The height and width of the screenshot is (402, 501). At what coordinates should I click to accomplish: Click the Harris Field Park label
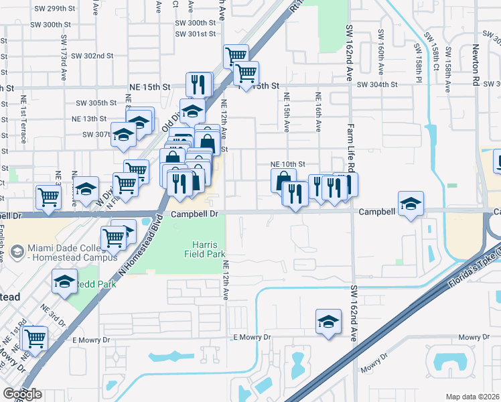click(x=205, y=249)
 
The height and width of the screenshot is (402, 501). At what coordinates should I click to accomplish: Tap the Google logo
click(x=22, y=394)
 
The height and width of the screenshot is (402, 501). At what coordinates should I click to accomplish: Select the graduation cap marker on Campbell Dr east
click(x=410, y=204)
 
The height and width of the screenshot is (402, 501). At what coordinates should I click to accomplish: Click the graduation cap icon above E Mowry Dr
click(x=328, y=320)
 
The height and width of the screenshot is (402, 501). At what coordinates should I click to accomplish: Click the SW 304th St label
click(x=378, y=85)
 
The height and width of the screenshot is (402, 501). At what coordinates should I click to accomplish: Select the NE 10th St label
click(x=287, y=163)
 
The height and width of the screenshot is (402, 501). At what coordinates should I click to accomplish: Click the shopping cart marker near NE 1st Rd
click(x=34, y=337)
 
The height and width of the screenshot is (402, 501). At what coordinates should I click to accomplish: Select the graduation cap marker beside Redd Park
click(x=64, y=283)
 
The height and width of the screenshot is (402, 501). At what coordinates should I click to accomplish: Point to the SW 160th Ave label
click(x=380, y=51)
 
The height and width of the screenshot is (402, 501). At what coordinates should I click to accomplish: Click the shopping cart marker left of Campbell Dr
click(x=49, y=197)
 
